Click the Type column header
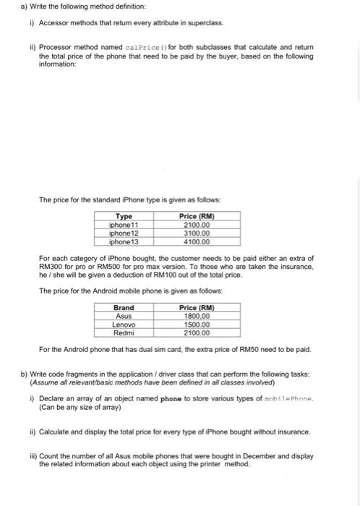[x=124, y=215]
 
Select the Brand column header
[x=124, y=307]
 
